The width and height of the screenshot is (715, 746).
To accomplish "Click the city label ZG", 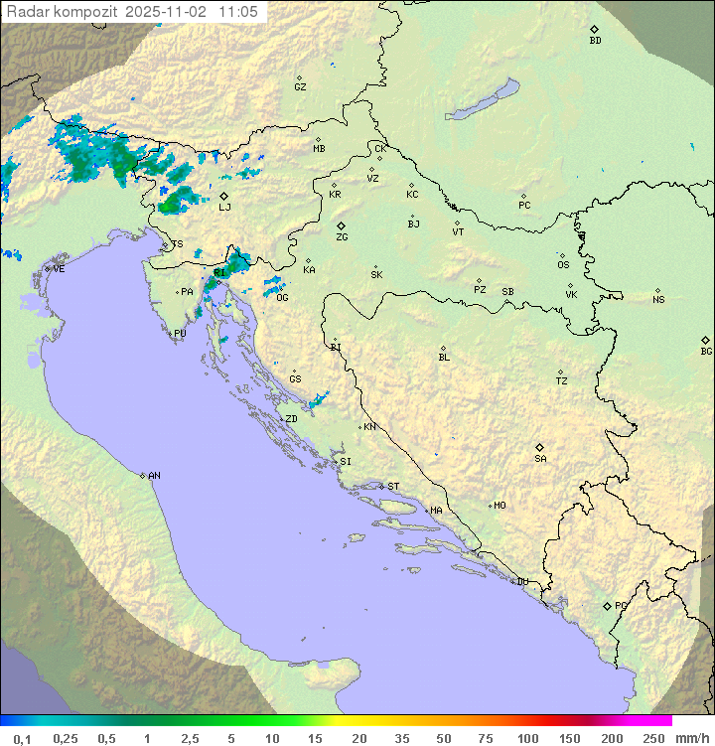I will coord(342,237).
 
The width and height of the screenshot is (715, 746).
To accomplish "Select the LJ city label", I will coord(224,207).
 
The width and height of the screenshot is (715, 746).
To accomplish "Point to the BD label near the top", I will coord(595,41).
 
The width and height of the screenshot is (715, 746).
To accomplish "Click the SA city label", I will coord(540,458).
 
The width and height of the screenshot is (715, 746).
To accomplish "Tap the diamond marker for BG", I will coord(705,340).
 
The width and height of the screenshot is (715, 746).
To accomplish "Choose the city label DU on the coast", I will coord(522,582).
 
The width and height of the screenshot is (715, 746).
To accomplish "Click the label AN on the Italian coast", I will coord(154,476).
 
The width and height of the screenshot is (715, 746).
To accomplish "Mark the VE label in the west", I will coord(59,268).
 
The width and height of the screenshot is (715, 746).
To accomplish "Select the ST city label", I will coord(393,487).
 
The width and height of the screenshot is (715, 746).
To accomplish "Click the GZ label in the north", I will coord(300,86).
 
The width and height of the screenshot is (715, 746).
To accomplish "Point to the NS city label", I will coord(658,299).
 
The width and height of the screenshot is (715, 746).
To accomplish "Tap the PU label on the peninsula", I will coord(180,334).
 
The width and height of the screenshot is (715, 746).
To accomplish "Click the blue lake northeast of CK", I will coord(483,101).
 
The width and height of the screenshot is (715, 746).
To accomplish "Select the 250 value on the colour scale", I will coord(652,738).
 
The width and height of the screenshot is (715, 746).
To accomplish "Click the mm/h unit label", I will coord(690,738).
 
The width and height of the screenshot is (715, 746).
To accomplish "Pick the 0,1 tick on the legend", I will coord(22,738).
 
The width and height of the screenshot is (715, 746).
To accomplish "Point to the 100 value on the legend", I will coord(527,738).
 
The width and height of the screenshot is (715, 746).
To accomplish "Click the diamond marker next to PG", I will coord(607,605).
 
